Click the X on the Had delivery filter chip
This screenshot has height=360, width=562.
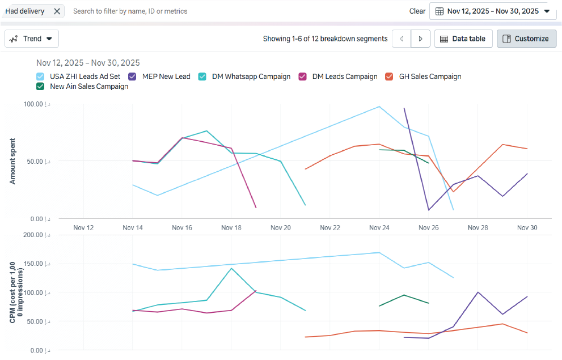(x=57, y=11)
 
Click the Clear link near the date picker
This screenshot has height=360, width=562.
(x=417, y=11)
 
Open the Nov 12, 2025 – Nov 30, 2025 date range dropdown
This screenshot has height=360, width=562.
(x=492, y=11)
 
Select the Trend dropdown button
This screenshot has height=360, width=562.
(x=32, y=39)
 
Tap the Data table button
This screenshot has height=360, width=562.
(x=463, y=39)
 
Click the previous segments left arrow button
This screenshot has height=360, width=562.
(x=402, y=39)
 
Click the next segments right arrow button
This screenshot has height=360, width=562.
(x=420, y=39)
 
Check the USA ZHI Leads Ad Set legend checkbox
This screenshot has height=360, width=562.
(x=40, y=77)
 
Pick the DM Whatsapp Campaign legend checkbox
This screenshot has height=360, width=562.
(x=202, y=77)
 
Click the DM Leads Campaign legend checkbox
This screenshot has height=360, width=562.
(x=303, y=77)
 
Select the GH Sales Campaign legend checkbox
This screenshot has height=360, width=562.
(x=390, y=77)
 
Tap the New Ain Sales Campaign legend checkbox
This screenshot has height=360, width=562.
(x=40, y=87)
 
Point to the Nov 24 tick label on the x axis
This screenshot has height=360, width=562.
(x=379, y=227)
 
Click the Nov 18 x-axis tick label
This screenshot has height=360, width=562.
(x=231, y=227)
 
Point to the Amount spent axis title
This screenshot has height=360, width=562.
(x=12, y=161)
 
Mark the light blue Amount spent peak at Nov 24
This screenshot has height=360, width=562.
(x=379, y=106)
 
